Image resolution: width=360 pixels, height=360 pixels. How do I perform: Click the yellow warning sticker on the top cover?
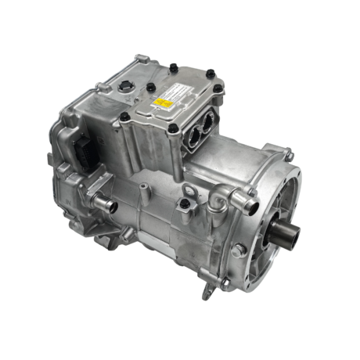coord(167,103)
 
